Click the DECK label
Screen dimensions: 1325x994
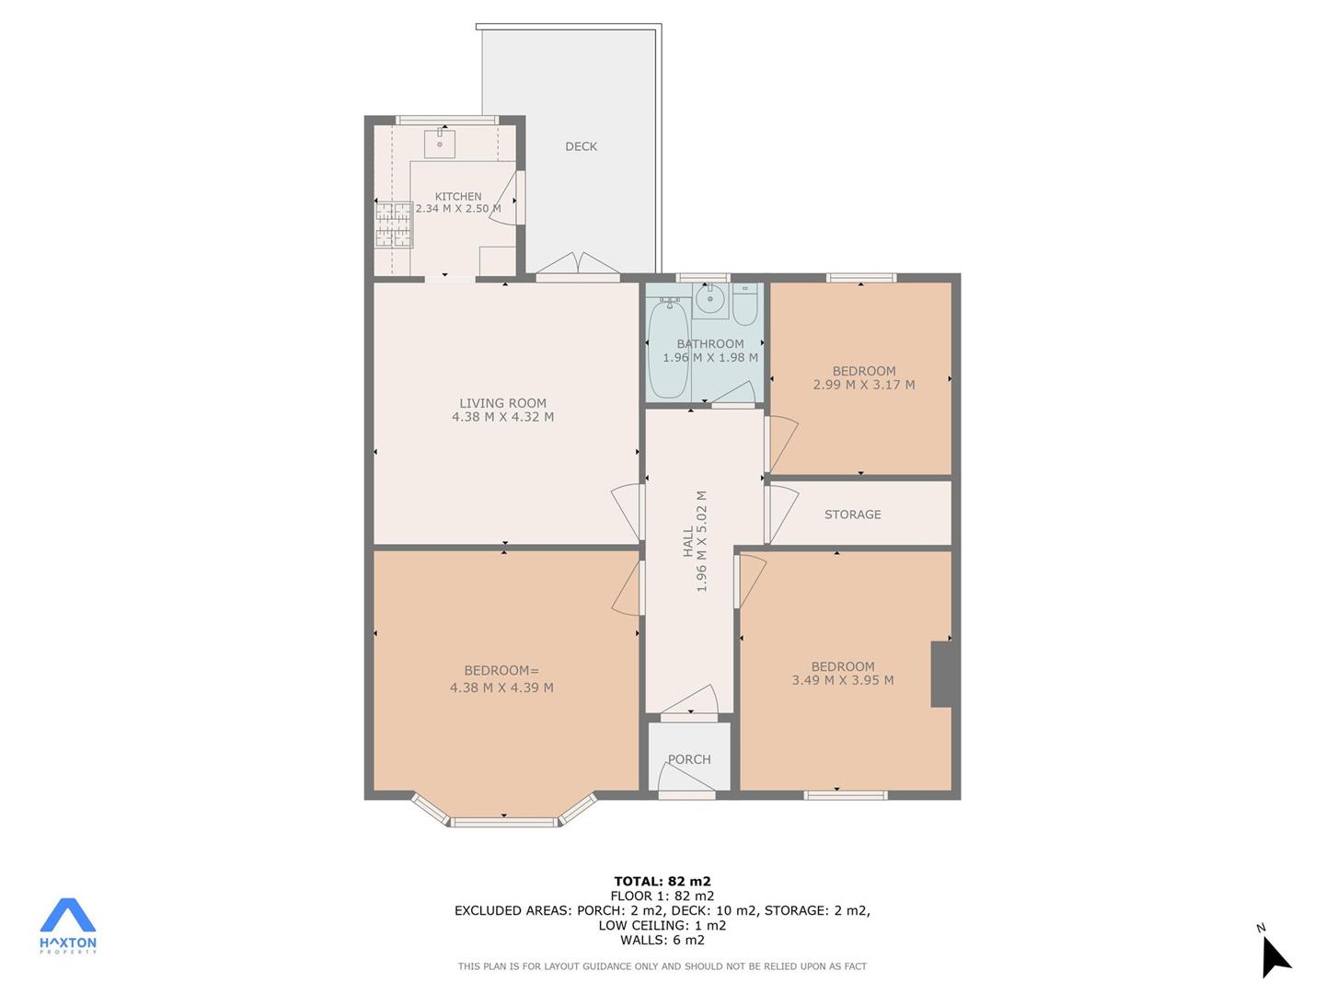tap(581, 146)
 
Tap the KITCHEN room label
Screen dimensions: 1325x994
tap(458, 196)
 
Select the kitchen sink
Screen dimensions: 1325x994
tap(440, 143)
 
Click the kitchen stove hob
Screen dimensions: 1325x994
tap(394, 225)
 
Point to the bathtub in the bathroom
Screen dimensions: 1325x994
tap(668, 348)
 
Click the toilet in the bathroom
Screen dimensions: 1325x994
tap(745, 305)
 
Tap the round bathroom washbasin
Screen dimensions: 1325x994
tap(710, 298)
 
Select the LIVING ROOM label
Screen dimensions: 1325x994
tap(502, 402)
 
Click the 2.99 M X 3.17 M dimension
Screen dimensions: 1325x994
tap(864, 385)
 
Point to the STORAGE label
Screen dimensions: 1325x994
tap(852, 514)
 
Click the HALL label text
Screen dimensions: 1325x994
tap(687, 541)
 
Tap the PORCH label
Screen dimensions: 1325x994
tap(689, 759)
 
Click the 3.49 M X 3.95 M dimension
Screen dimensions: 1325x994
tap(843, 679)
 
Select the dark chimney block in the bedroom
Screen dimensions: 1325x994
tap(941, 674)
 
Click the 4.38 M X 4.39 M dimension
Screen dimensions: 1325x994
tap(501, 687)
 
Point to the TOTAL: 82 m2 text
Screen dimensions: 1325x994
tap(662, 881)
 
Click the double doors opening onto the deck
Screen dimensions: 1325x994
tap(578, 266)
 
